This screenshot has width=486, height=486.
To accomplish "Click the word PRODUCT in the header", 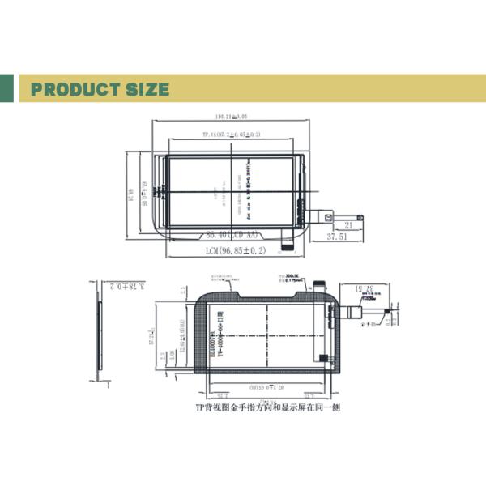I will click(78, 89).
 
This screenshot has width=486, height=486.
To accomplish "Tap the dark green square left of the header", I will click(6, 88).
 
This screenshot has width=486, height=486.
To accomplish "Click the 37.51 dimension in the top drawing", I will click(337, 237).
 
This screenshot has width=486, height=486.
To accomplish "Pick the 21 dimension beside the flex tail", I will click(349, 225).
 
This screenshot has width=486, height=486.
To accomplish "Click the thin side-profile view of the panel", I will click(100, 336).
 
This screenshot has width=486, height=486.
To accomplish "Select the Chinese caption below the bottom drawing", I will click(267, 408).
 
